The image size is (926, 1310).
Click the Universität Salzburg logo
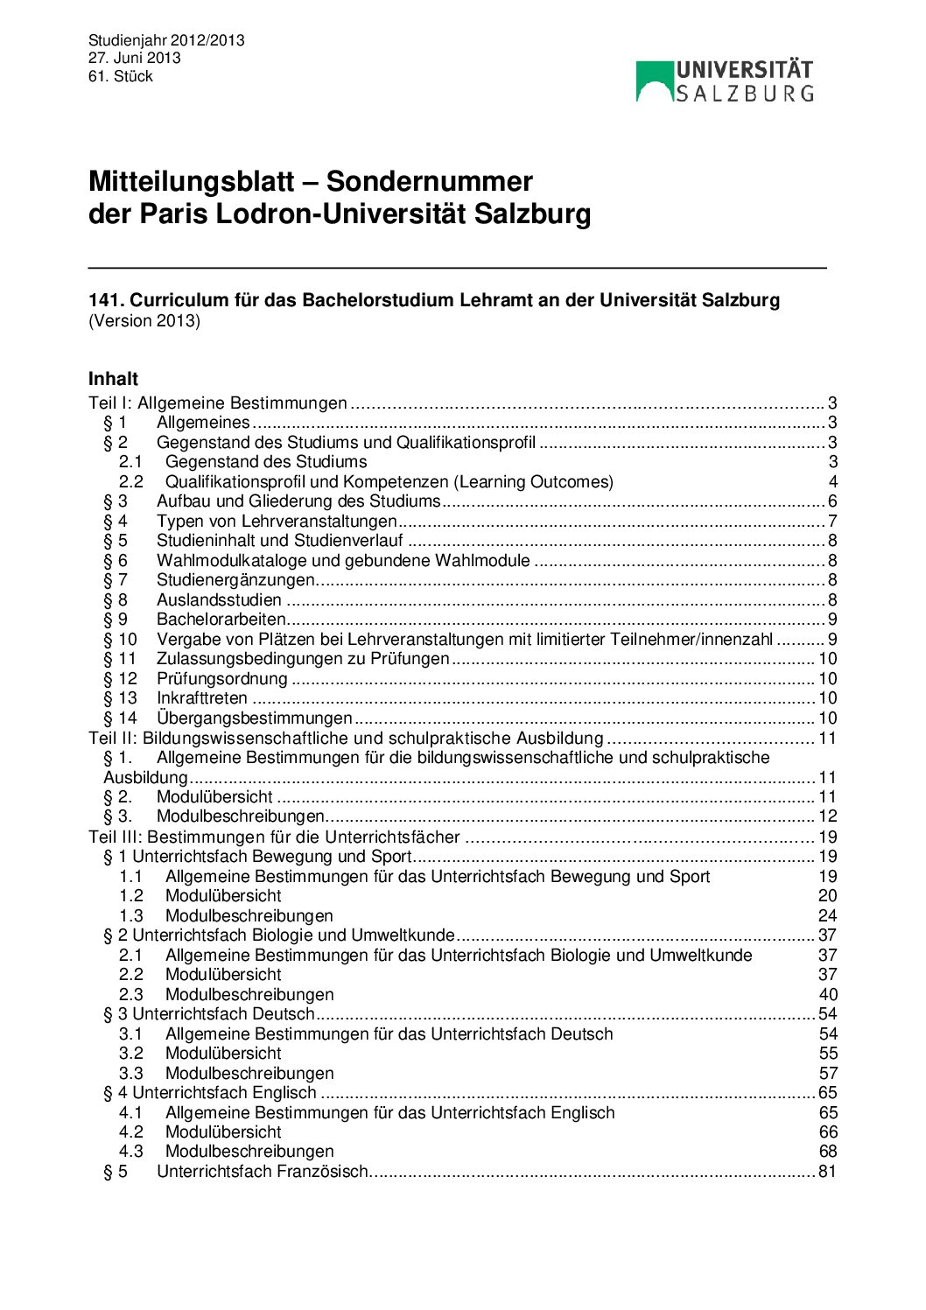725,81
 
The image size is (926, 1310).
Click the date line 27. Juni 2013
134,58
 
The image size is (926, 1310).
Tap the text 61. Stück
120,76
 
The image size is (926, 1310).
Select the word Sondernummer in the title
429,181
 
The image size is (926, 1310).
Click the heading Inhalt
113,379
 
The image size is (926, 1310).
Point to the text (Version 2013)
144,321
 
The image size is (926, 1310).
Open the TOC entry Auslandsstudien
219,600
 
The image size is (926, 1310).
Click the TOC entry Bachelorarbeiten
221,620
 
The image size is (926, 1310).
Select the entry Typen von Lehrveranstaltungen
277,522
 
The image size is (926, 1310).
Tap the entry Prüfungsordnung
222,679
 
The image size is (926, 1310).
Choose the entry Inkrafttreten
202,698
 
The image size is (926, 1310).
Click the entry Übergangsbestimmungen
254,718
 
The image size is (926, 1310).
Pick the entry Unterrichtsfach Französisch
263,1172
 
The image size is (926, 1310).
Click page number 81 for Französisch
827,1172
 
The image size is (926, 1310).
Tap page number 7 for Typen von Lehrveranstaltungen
832,522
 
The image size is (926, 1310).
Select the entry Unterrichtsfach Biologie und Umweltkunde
293,935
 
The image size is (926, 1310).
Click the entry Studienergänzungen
235,580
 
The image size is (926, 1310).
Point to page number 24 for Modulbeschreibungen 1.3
827,916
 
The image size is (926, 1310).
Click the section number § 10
121,640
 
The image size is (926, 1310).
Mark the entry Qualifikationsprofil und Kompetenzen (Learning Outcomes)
389,482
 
